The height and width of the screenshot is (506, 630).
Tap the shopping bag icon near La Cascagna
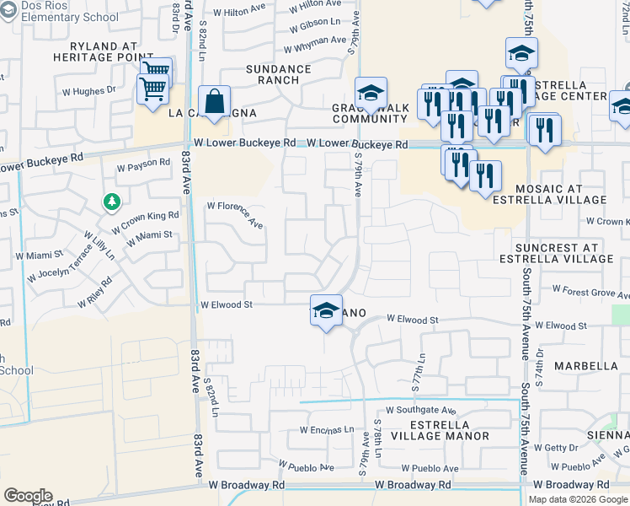pyautogui.click(x=215, y=102)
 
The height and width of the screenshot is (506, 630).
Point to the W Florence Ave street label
pyautogui.click(x=236, y=214)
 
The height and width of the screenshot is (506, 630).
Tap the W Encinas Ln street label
pyautogui.click(x=327, y=430)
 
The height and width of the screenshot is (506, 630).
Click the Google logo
pyautogui.click(x=28, y=496)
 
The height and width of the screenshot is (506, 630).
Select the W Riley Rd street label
pyautogui.click(x=99, y=291)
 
